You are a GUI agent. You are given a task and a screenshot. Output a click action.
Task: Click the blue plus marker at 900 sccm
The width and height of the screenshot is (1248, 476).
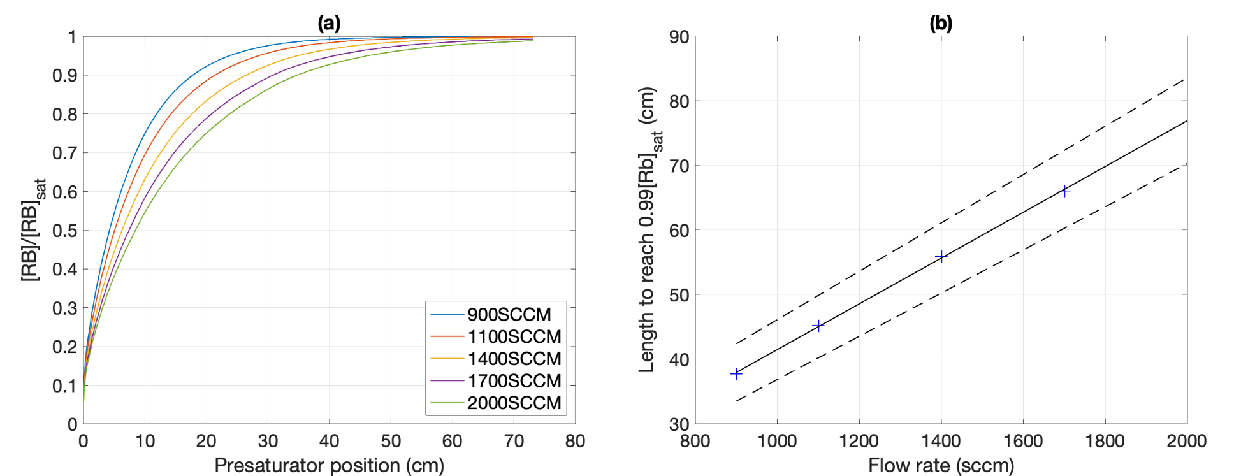tap(736, 373)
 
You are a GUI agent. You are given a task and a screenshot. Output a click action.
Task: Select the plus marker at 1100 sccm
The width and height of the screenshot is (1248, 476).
tap(818, 326)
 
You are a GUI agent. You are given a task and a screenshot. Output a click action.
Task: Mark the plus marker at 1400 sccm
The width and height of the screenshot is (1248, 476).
tap(941, 257)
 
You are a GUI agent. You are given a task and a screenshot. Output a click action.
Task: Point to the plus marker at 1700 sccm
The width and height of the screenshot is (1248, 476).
tap(1064, 191)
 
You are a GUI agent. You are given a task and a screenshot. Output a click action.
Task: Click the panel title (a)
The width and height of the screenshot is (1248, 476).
tap(329, 24)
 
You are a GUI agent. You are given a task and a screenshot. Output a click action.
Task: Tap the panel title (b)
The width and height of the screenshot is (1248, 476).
tap(941, 24)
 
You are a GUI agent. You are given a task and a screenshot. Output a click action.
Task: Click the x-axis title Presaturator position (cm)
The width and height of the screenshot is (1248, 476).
tap(329, 465)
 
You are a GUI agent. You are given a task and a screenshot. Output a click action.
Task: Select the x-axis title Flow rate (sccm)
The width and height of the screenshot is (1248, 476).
tap(941, 465)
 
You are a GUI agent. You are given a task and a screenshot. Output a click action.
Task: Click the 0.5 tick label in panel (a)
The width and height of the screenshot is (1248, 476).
tap(64, 231)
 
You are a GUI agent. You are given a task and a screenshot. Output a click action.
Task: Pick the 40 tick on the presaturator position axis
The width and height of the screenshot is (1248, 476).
tap(329, 441)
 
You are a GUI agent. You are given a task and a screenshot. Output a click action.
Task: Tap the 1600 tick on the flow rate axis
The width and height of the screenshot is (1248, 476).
tap(1023, 441)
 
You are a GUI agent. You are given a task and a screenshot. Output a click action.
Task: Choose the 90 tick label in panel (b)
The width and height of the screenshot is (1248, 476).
tap(679, 37)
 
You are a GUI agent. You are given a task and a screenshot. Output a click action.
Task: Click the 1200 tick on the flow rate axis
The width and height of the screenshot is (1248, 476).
tap(859, 441)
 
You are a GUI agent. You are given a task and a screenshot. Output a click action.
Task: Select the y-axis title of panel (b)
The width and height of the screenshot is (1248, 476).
tap(649, 230)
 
